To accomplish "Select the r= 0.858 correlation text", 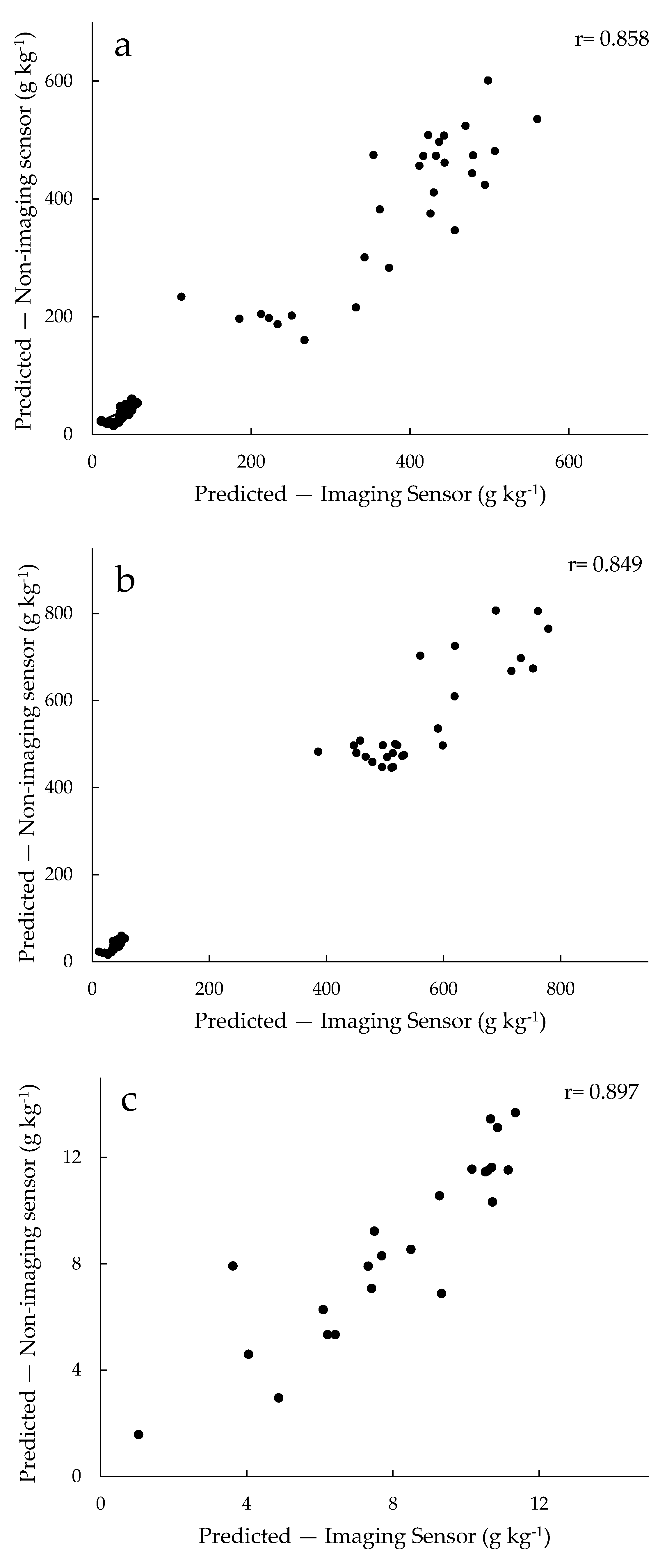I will [x=611, y=39].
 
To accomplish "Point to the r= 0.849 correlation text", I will [x=605, y=564].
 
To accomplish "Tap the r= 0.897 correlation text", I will [x=601, y=1091].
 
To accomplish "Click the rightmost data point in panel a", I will [x=537, y=119].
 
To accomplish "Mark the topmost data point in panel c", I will [x=515, y=1113].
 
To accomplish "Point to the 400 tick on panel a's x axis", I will [x=410, y=462].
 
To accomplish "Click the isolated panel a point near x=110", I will [x=181, y=297].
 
